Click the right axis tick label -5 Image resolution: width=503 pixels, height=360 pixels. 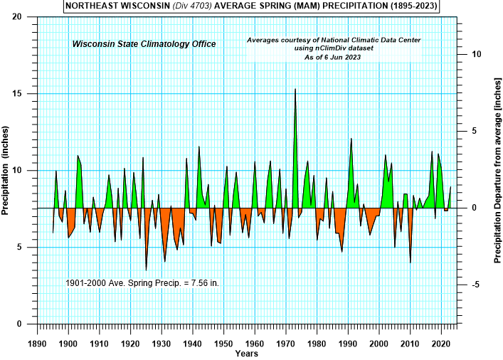point(477,285)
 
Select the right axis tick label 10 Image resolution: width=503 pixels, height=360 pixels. point(477,54)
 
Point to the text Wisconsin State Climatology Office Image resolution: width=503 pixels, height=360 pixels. point(144,44)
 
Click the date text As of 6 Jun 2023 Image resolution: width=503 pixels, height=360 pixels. point(334,57)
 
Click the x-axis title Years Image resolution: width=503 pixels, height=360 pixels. point(247,352)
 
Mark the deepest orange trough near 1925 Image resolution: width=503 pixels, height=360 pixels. point(147,269)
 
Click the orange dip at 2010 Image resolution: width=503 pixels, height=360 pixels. point(411,262)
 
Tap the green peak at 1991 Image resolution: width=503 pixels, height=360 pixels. point(351,139)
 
